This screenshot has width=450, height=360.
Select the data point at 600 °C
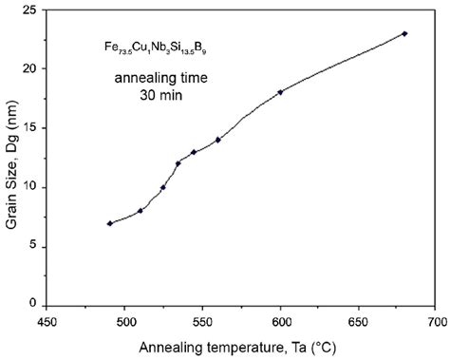click(280, 92)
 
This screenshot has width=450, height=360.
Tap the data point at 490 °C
click(110, 223)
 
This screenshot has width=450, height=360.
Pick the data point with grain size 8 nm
click(141, 210)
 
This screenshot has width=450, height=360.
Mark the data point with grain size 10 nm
click(163, 187)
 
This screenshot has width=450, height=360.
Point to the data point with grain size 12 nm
click(178, 163)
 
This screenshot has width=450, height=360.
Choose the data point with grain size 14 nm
click(218, 140)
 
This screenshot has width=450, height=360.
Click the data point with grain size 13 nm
click(194, 152)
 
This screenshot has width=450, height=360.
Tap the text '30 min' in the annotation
click(143, 96)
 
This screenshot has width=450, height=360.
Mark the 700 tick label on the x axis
click(435, 322)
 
